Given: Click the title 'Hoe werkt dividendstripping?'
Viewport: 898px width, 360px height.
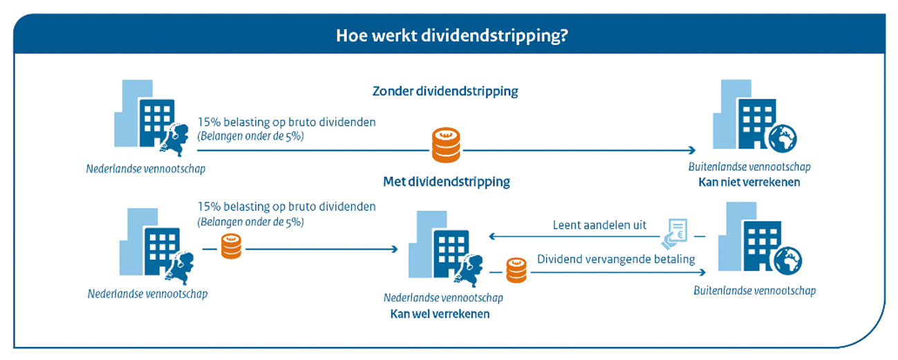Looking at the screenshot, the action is [452, 35].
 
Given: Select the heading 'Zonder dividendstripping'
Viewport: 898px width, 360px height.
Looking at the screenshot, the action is [445, 91].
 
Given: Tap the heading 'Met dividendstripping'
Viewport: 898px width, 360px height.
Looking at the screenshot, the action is [446, 182].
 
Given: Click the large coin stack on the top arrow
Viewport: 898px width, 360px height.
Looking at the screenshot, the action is [446, 144].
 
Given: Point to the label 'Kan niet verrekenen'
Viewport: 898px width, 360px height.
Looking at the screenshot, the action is [749, 182].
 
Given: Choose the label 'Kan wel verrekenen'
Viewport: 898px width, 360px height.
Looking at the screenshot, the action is [440, 314].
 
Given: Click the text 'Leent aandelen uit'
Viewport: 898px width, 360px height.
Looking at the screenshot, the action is [599, 225].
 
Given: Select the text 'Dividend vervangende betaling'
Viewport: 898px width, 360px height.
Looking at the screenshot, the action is [616, 259].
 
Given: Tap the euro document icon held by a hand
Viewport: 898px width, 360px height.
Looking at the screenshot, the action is [675, 234].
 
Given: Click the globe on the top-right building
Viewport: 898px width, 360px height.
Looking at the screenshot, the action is [782, 139].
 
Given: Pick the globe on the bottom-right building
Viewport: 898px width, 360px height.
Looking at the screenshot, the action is [788, 260].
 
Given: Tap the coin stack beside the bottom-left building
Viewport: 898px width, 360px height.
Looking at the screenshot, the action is [232, 247].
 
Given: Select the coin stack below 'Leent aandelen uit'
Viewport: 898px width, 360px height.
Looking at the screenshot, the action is [516, 270].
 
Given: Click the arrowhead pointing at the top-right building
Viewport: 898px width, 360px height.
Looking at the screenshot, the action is [692, 151].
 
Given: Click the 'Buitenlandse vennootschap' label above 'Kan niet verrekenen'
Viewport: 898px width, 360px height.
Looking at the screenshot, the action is [749, 167].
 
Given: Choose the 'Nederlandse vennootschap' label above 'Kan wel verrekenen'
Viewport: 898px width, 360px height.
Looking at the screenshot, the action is [443, 297].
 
